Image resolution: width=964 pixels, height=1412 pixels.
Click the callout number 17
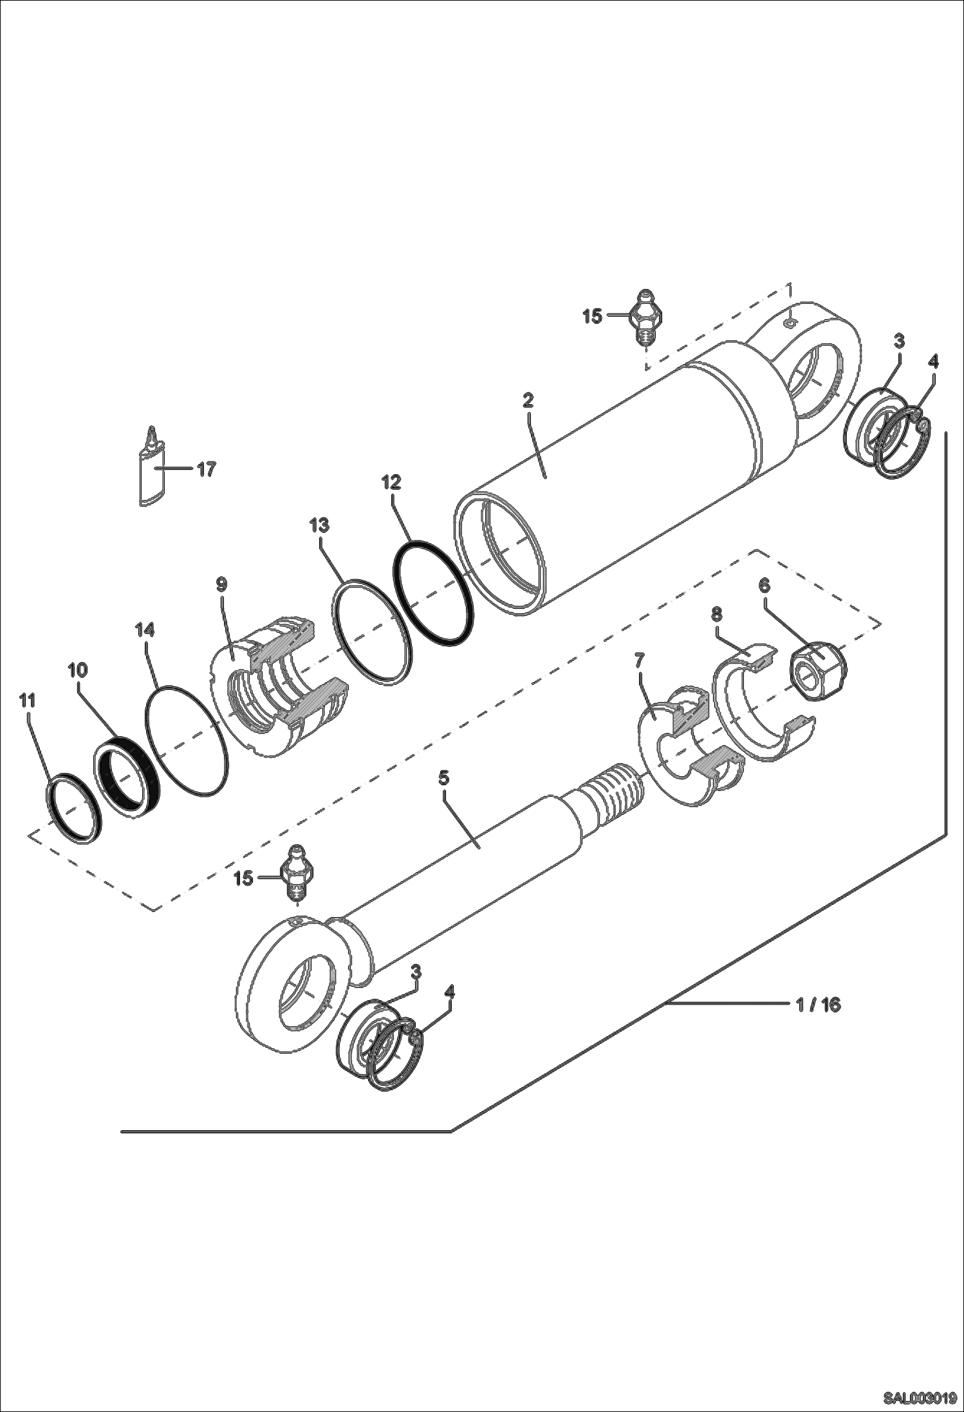[206, 469]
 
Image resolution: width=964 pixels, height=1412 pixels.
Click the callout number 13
[319, 526]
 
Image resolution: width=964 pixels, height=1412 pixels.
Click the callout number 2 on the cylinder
[528, 400]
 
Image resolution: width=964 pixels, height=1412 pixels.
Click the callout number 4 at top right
[932, 362]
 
